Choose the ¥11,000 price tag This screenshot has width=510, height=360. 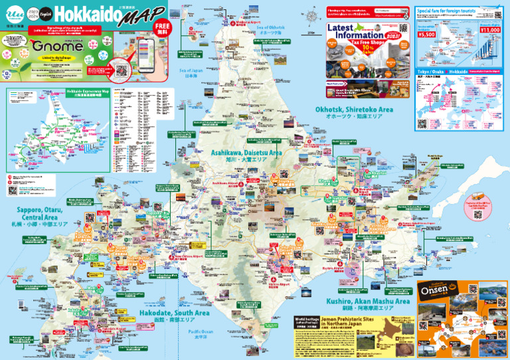pyautogui.click(x=489, y=30)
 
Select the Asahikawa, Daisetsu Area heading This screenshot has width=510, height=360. pyautogui.click(x=246, y=153)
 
